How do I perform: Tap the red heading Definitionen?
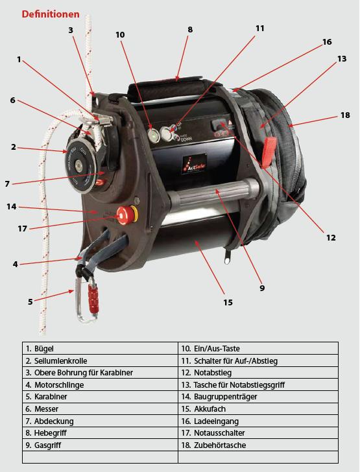pos(51,14)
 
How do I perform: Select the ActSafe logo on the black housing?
pos(195,164)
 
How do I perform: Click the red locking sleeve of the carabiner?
pos(93,300)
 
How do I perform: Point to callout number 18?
pos(345,115)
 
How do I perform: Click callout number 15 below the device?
pos(228,302)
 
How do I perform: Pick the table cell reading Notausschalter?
pos(219,433)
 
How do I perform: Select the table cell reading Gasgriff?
pos(47,445)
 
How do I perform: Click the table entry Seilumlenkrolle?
pos(56,360)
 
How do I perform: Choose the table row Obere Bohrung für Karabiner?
pos(79,373)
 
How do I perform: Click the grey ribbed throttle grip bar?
pos(213,193)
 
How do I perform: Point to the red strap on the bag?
pos(268,152)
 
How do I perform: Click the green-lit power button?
pos(154,134)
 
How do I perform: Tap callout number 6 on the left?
pos(13,100)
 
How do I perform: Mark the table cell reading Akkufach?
pos(210,408)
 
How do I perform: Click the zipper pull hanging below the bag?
pos(228,257)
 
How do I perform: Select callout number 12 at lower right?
pos(331,237)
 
